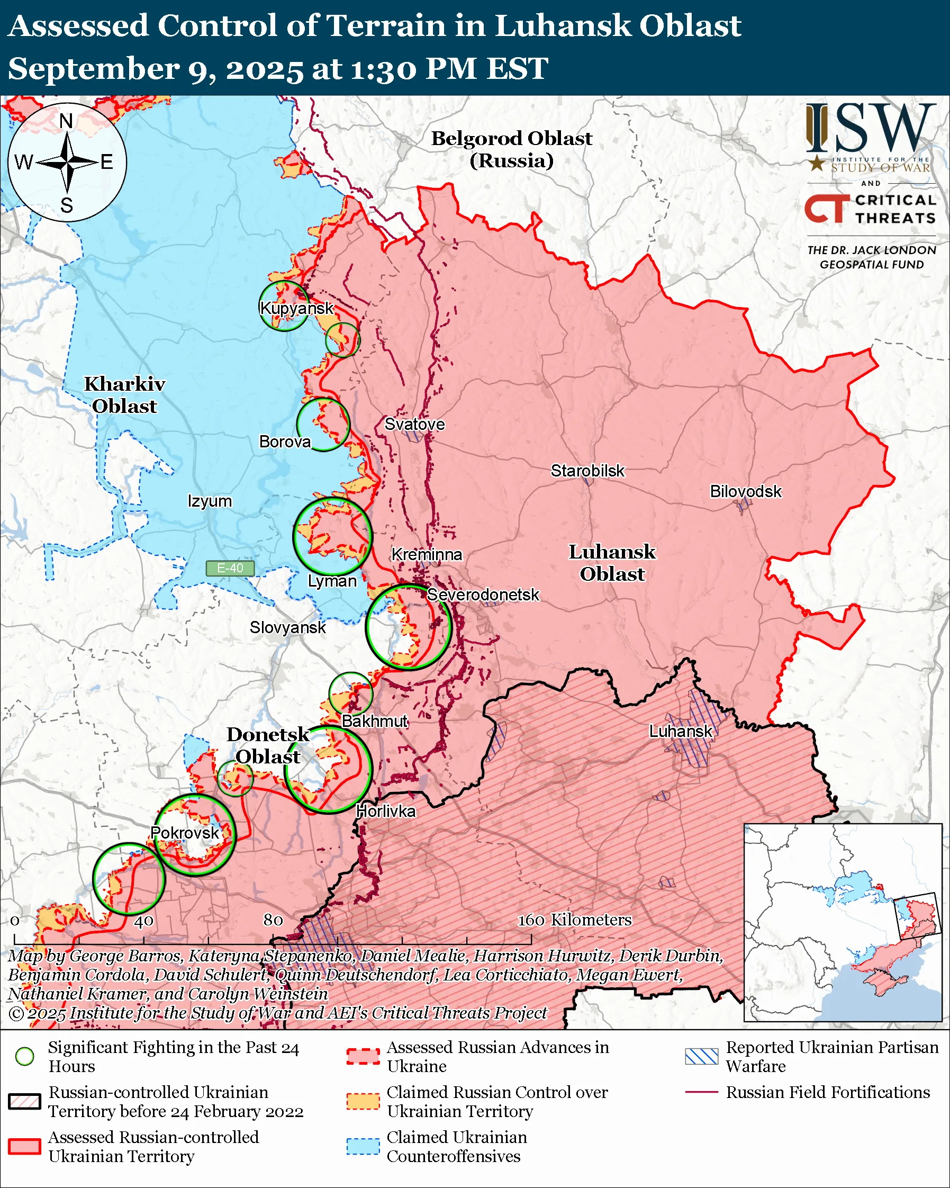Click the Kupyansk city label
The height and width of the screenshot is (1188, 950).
point(296,308)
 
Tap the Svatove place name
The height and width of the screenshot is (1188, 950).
point(414,424)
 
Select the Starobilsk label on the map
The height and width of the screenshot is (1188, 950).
point(587,471)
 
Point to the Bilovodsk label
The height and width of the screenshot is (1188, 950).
point(745,491)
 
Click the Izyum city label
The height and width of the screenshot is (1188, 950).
point(209,501)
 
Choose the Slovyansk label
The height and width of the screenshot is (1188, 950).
point(287,627)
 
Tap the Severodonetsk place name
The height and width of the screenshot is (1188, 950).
point(483,595)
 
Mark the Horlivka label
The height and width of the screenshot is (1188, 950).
point(385,812)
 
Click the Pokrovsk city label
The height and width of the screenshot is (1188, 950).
point(185,833)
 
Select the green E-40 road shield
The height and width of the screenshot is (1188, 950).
point(230,568)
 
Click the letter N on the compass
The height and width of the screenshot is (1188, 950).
point(66,121)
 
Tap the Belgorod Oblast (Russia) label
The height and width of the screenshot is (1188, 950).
point(511,149)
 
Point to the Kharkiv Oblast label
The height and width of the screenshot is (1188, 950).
point(124,395)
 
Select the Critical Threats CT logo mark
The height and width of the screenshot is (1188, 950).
point(826,209)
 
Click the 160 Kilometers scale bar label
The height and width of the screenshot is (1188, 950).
point(574,920)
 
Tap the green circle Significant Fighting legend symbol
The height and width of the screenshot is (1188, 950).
point(24,1056)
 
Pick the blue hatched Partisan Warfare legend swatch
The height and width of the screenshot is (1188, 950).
point(701,1056)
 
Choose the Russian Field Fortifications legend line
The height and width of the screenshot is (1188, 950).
point(701,1092)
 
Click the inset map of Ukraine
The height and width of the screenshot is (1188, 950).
point(843,922)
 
